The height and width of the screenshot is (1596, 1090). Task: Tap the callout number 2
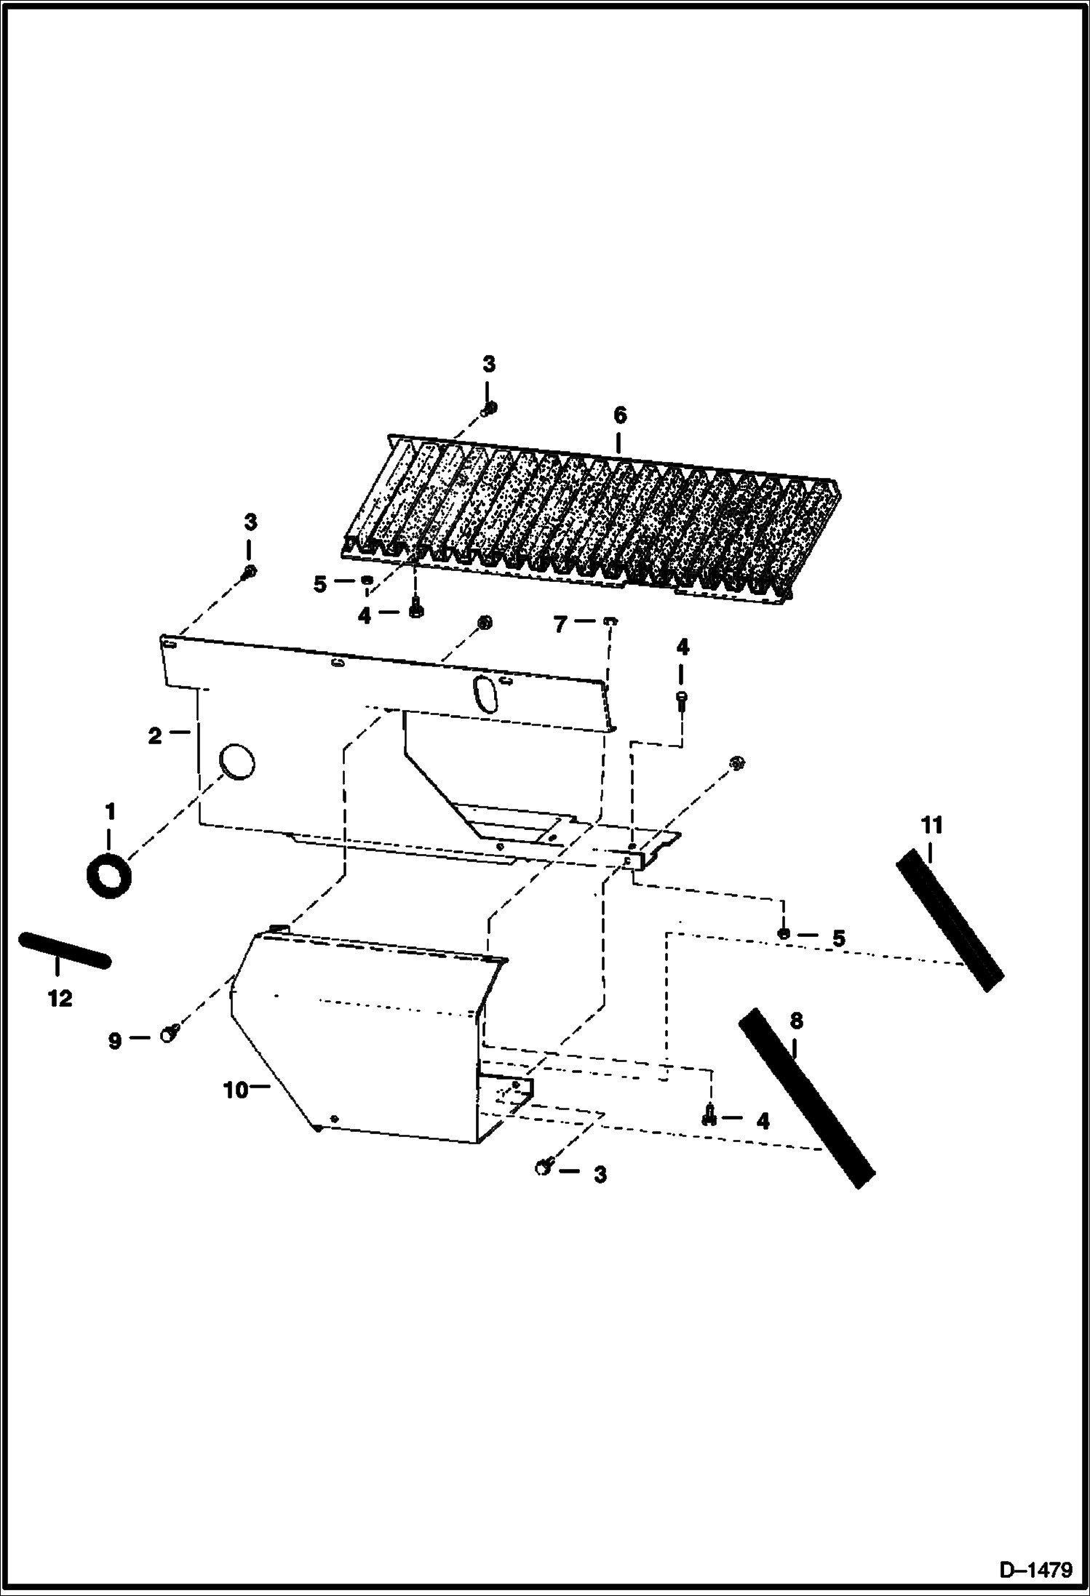pyautogui.click(x=154, y=736)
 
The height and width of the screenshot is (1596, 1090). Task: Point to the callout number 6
pyautogui.click(x=619, y=415)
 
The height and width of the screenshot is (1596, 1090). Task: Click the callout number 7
pyautogui.click(x=560, y=624)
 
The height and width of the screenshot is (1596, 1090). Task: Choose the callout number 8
pyautogui.click(x=796, y=1021)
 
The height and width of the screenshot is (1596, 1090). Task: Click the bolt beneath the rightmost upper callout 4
pyautogui.click(x=682, y=701)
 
